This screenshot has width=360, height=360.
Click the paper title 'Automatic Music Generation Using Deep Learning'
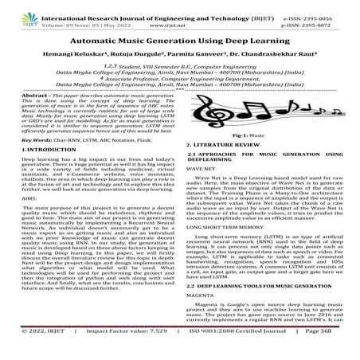pos(179,37)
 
